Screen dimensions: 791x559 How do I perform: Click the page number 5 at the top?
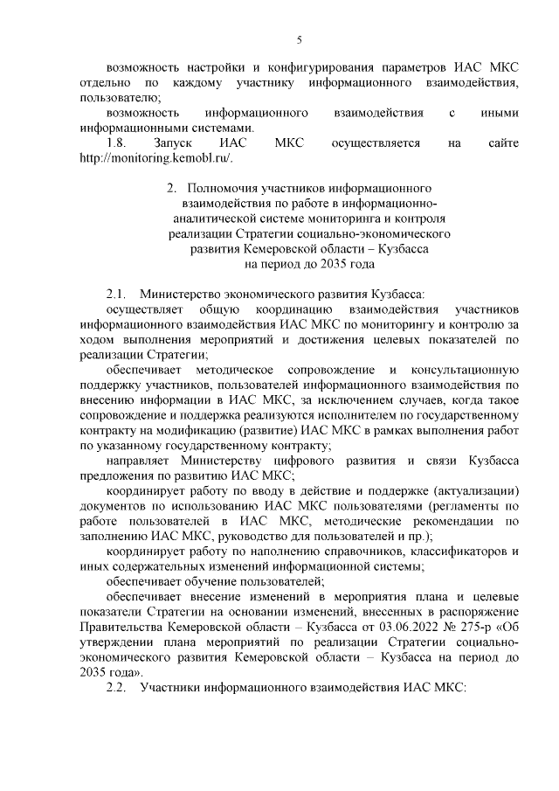click(299, 39)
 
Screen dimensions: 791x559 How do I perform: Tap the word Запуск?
click(172, 143)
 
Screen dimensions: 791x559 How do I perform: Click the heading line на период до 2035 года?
click(309, 262)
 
